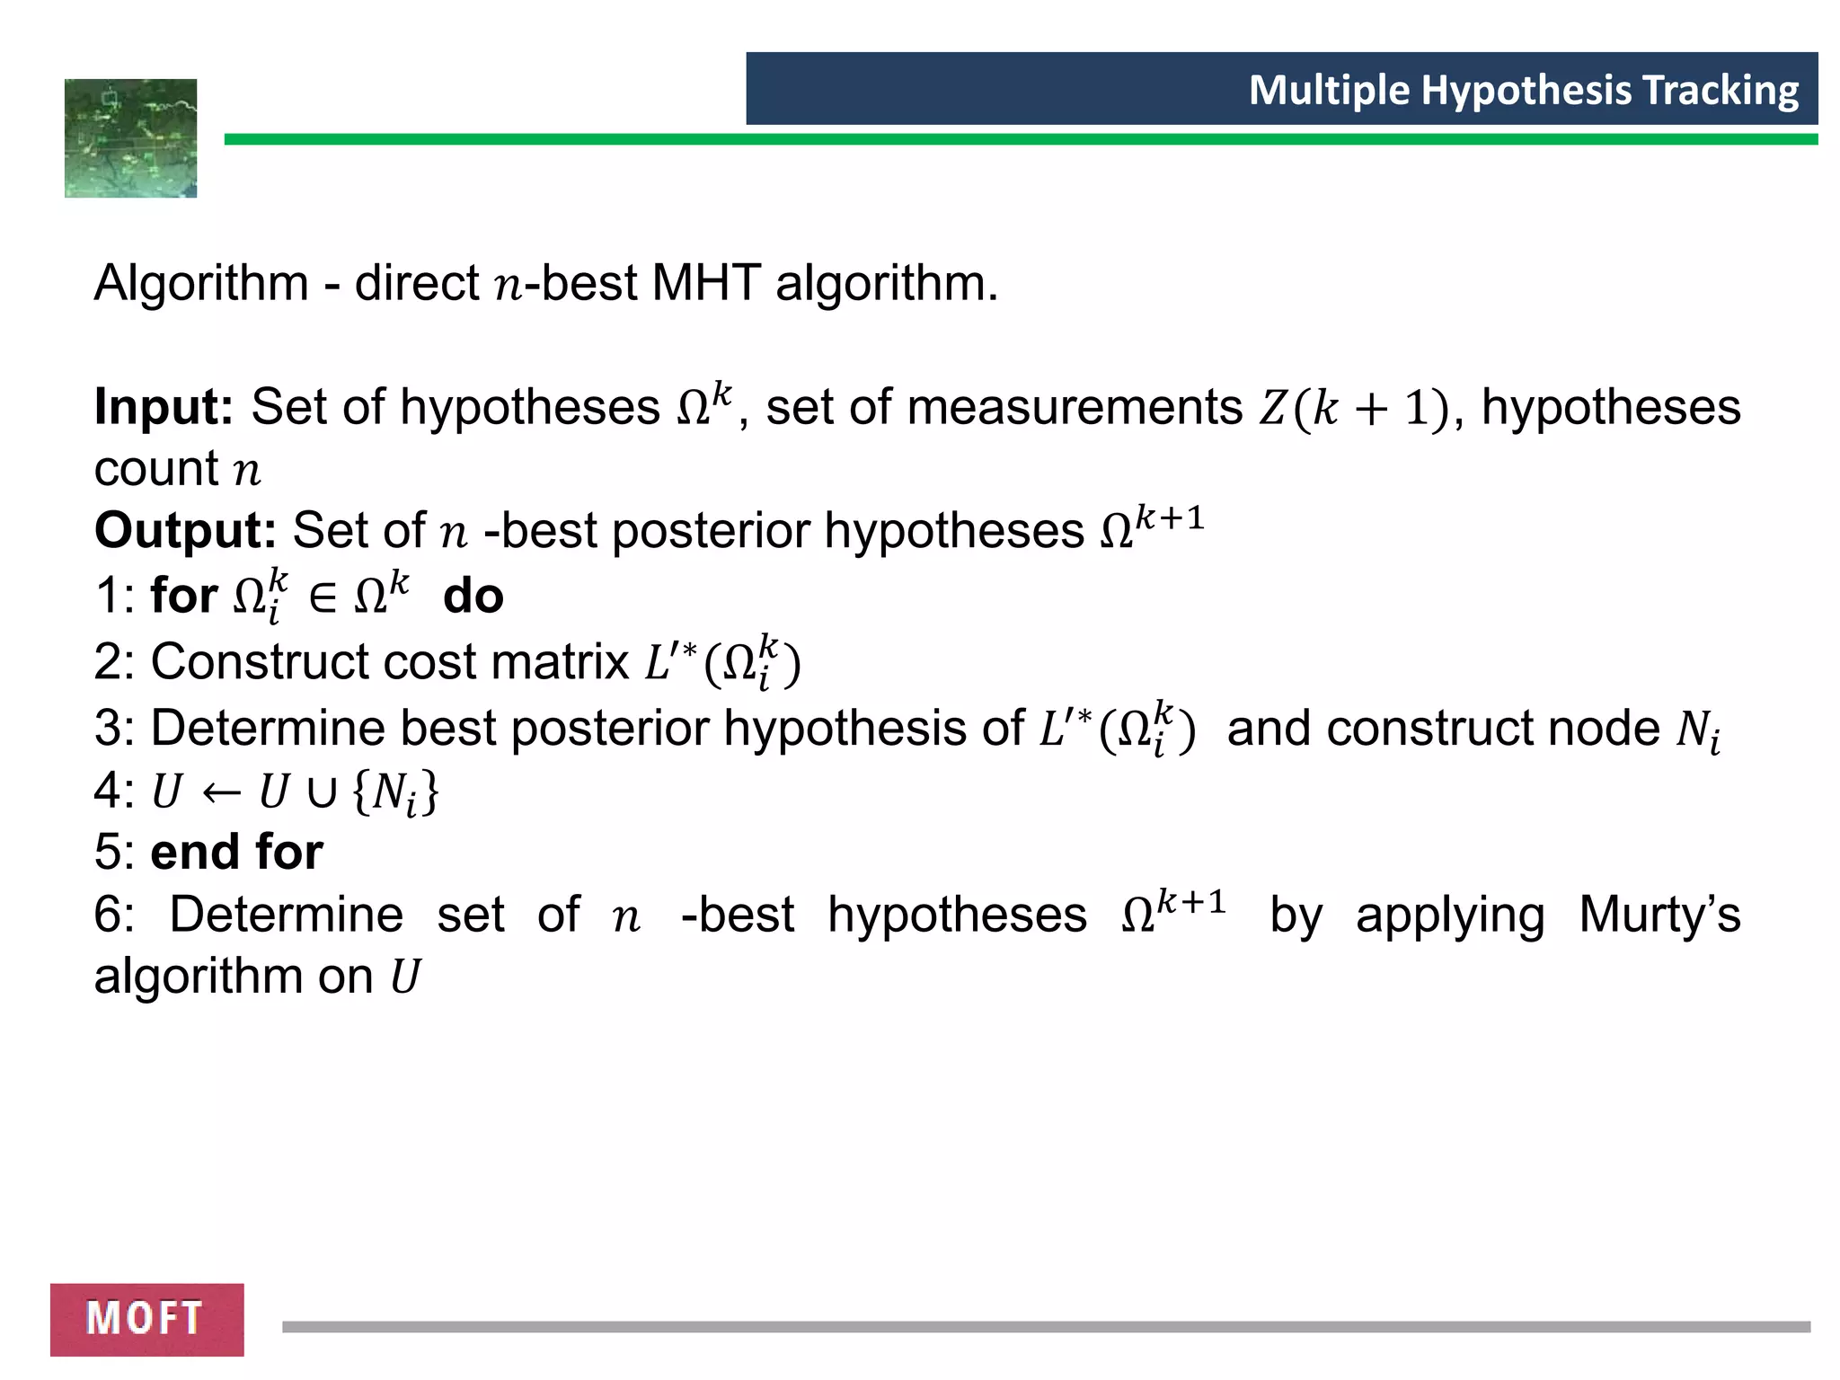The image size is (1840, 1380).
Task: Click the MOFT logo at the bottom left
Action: [x=146, y=1319]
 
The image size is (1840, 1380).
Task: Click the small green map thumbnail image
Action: [x=130, y=138]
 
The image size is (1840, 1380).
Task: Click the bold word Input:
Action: [x=164, y=407]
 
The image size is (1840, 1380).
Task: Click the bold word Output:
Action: [x=185, y=530]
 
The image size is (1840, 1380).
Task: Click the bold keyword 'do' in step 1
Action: [x=473, y=596]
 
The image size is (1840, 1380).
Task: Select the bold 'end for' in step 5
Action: [x=236, y=852]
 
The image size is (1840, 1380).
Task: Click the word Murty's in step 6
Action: [x=1659, y=915]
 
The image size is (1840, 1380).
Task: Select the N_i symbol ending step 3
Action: [x=1697, y=730]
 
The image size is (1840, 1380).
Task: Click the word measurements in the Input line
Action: [x=1075, y=407]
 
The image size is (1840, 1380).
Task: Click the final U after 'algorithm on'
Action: [x=404, y=977]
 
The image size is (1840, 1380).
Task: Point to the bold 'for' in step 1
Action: [x=183, y=596]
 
